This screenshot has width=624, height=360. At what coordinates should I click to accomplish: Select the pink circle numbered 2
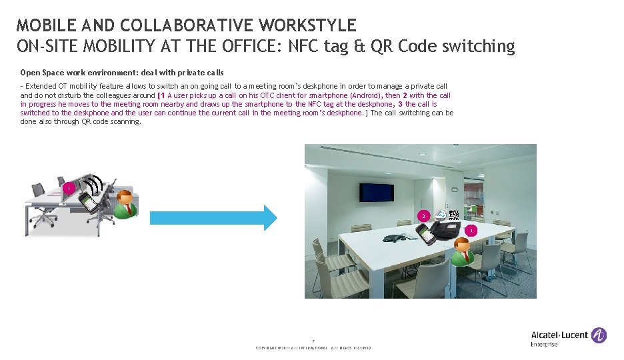click(422, 216)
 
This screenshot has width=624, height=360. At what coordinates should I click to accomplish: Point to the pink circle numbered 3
click(470, 231)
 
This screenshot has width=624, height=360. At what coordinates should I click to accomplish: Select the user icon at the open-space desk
click(124, 204)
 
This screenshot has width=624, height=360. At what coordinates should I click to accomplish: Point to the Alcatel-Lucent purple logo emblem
click(599, 335)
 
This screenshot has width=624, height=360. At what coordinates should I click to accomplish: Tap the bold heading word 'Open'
click(31, 72)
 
